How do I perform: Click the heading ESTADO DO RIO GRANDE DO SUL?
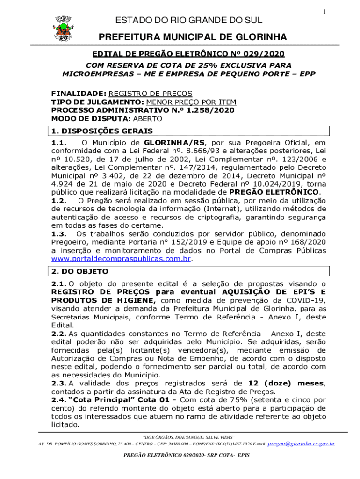(189, 20)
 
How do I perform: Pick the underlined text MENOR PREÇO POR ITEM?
(191, 102)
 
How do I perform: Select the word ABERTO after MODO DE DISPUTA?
(147, 119)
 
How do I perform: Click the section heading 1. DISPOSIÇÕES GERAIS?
(102, 131)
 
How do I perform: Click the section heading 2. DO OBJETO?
(79, 271)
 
